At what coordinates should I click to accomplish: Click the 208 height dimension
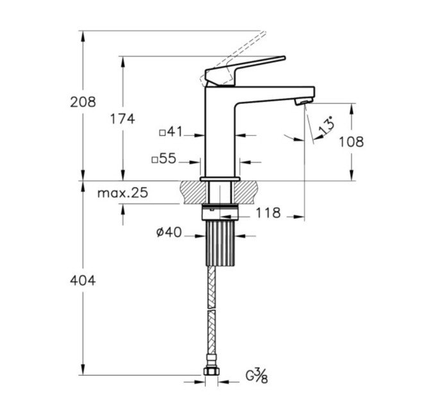tap(83, 102)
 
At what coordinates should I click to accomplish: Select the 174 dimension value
tap(122, 119)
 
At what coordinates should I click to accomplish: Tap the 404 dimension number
tap(83, 280)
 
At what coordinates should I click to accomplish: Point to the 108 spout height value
tap(351, 142)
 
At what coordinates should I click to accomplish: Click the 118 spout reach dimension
tap(268, 213)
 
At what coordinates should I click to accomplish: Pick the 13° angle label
tap(326, 126)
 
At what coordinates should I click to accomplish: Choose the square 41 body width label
tap(171, 132)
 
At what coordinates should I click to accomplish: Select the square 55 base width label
tap(164, 159)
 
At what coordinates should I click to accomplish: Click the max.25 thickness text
tap(122, 193)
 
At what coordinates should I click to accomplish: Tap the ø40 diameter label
tap(169, 232)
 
